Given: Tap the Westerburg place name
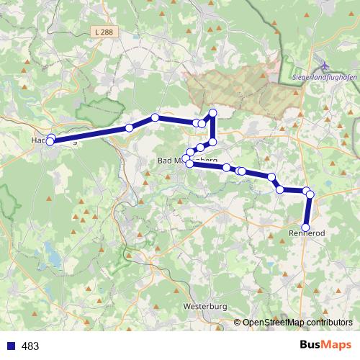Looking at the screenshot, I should [x=205, y=307].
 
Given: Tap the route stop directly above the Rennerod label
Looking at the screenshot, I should [x=306, y=227].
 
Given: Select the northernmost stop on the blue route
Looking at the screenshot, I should [x=212, y=112].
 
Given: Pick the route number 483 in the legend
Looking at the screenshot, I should [x=30, y=346].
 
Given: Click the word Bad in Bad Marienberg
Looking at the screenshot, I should [x=166, y=161].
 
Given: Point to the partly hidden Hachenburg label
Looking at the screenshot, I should [x=54, y=140].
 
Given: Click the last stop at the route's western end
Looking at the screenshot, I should [x=49, y=143].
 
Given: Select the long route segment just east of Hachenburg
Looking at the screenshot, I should [x=90, y=135].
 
